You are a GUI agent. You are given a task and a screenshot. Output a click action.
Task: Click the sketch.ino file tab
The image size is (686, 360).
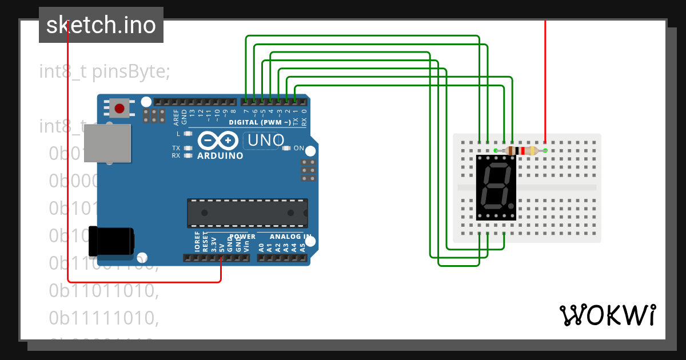[101, 25]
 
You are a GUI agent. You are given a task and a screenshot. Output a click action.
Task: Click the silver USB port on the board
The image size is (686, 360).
[114, 143]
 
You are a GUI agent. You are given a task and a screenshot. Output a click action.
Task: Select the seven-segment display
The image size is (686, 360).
[496, 187]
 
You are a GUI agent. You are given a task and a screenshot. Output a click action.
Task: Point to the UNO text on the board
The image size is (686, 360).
[264, 140]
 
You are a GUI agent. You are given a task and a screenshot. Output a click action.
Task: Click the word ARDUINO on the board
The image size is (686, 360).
[220, 155]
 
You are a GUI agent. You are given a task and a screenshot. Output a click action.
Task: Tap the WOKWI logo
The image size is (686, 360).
[607, 315]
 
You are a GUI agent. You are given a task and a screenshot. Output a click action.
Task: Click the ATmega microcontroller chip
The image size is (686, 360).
[248, 213]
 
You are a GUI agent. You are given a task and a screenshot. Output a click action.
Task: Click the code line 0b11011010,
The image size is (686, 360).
[103, 290]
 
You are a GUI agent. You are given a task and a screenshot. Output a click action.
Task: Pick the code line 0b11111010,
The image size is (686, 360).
[103, 317]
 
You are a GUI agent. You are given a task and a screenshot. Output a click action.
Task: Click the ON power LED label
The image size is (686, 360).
[299, 148]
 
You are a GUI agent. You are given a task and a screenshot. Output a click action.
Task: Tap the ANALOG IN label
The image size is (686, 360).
[291, 237]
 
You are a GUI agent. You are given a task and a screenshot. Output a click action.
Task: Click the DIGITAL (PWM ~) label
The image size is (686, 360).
[259, 122]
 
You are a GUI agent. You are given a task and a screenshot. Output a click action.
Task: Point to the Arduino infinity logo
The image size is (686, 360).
[218, 140]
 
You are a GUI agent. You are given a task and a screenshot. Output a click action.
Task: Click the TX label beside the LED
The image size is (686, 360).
[176, 148]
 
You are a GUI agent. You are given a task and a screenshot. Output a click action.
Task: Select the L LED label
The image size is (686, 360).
[178, 134]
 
